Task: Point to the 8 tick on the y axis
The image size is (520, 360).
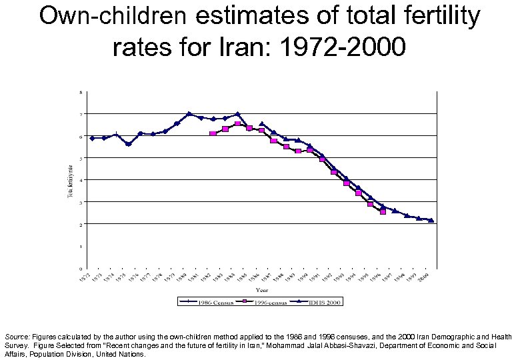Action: click(x=82, y=92)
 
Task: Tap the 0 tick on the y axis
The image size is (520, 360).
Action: click(x=82, y=268)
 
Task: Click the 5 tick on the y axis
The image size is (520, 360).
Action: click(x=82, y=158)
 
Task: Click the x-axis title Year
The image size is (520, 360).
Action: click(x=262, y=290)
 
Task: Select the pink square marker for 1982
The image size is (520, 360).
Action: click(x=213, y=134)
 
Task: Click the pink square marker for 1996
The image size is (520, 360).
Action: click(x=383, y=212)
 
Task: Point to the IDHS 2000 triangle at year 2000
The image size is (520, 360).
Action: click(x=431, y=220)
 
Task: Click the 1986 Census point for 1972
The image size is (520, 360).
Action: click(x=92, y=138)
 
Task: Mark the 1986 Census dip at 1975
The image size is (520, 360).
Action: click(x=128, y=144)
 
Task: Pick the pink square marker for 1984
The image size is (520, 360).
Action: click(x=237, y=123)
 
